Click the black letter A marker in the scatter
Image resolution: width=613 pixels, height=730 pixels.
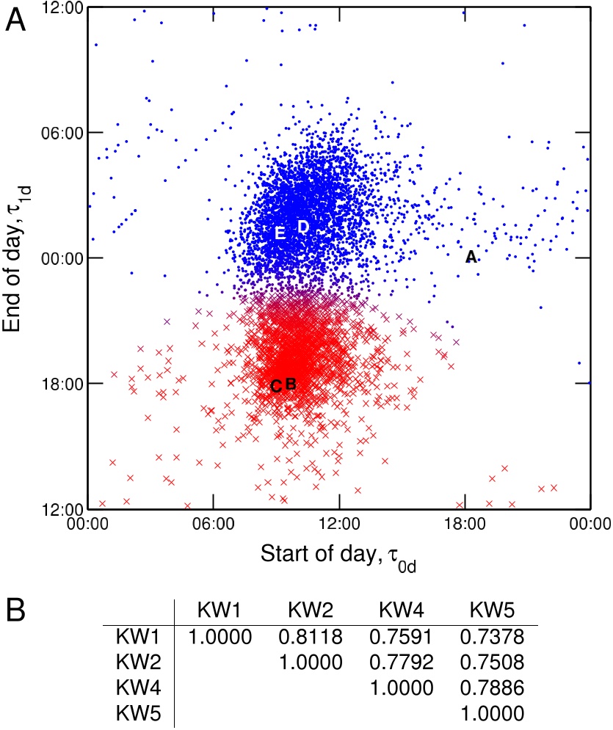tap(471, 257)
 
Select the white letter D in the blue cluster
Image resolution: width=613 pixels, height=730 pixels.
tap(302, 227)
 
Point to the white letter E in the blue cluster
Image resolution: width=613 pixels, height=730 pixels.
tap(280, 233)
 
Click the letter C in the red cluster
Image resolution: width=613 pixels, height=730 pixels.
tap(276, 386)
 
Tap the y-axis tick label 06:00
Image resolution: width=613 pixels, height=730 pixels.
tap(63, 133)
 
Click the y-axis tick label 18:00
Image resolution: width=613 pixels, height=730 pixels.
tap(63, 384)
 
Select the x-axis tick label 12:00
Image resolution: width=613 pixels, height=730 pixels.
tap(338, 523)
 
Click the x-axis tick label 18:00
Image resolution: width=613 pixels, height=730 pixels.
tap(464, 523)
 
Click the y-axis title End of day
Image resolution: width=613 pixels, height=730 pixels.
tap(22, 257)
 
